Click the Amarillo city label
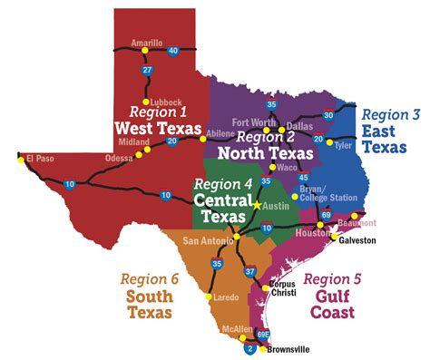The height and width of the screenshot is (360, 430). (x=146, y=43)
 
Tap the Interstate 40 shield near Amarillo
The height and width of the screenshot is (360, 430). (x=173, y=51)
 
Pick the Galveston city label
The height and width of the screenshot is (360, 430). (x=357, y=240)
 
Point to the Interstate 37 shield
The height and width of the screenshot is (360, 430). (x=249, y=271)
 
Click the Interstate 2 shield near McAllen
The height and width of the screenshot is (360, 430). (x=250, y=346)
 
